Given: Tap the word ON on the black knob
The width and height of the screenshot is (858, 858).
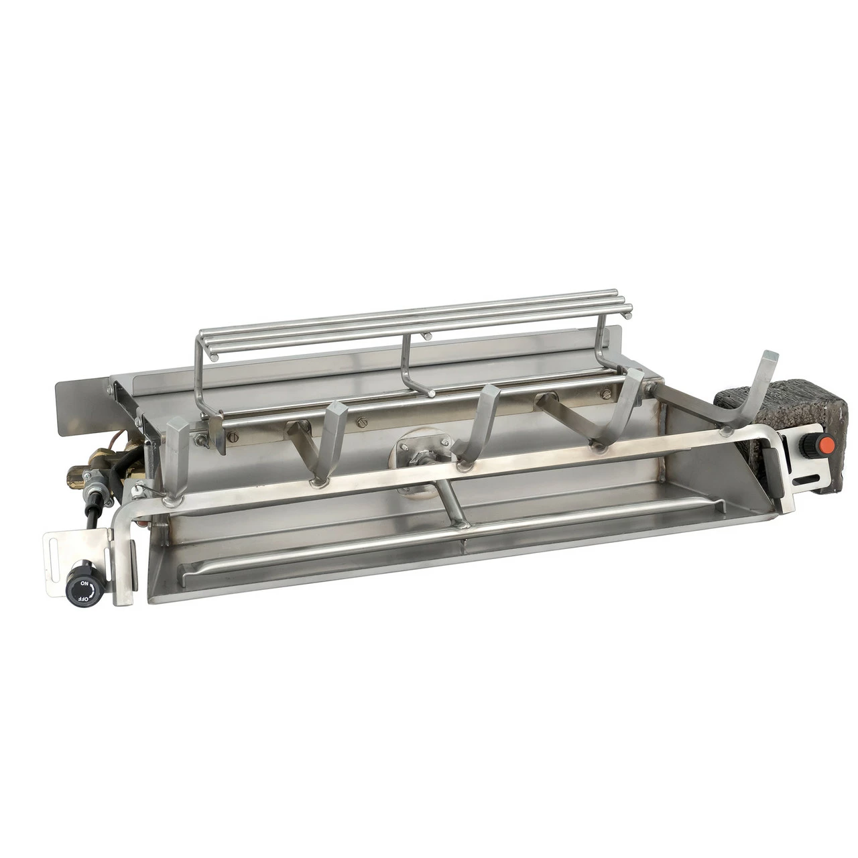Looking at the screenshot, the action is pos(84,583).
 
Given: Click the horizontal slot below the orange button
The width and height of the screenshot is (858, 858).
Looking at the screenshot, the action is pos(806,479).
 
